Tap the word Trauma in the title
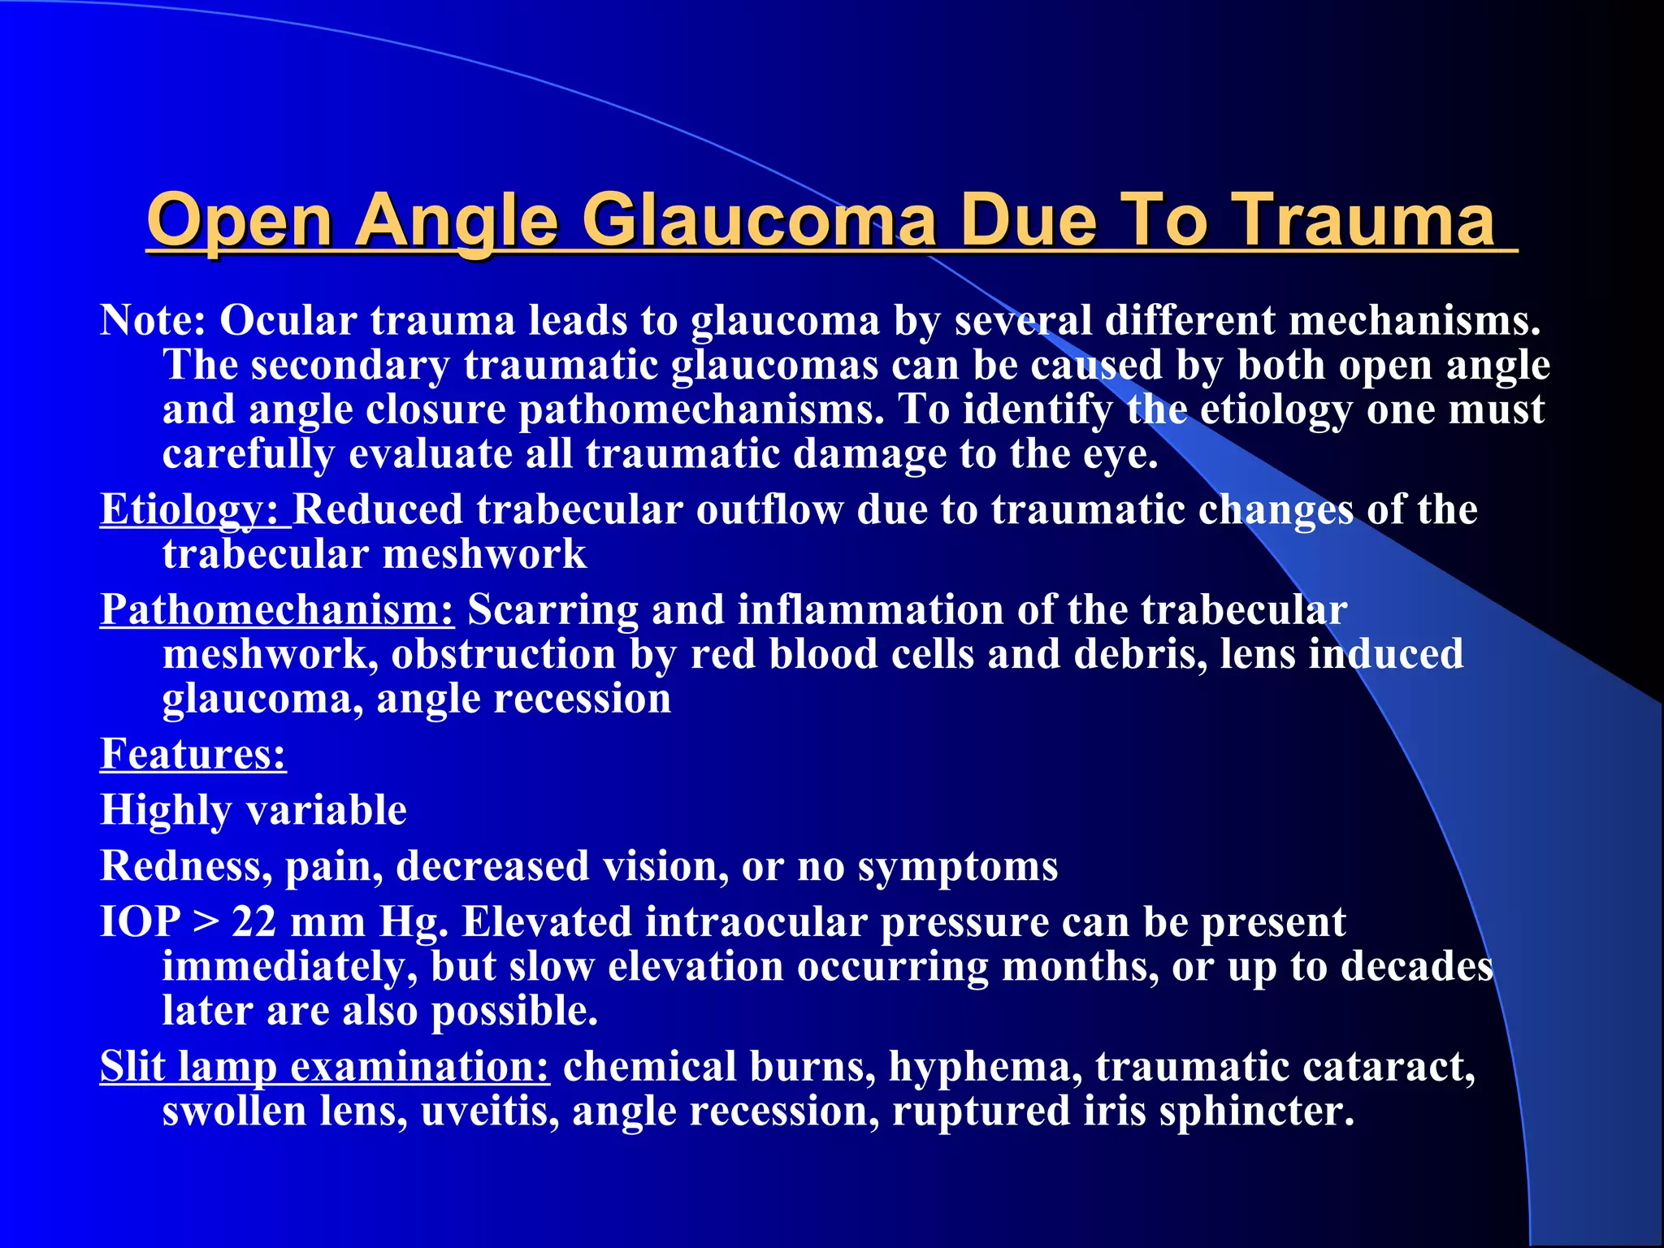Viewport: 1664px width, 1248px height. point(1365,221)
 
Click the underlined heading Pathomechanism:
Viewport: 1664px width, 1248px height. point(276,610)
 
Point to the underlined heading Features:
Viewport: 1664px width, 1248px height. point(193,754)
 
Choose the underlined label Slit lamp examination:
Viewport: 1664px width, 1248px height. point(324,1067)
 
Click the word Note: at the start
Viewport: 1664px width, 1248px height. point(153,321)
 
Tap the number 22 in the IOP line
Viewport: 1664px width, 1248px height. point(254,923)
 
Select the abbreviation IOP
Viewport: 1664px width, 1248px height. point(140,923)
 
